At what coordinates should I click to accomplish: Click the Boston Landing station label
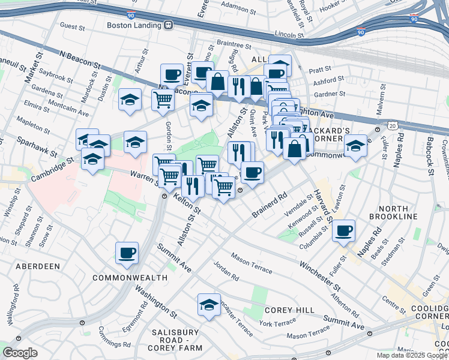[134, 25]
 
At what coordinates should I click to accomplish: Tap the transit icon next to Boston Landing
[169, 25]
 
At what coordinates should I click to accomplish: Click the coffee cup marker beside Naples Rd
[343, 230]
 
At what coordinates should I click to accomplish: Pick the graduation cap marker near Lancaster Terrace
[208, 305]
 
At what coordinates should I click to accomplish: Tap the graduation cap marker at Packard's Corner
[355, 146]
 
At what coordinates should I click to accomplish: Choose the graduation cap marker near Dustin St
[130, 100]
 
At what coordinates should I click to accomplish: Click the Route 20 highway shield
[393, 125]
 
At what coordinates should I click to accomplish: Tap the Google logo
[20, 353]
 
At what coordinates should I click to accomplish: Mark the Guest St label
[71, 26]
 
